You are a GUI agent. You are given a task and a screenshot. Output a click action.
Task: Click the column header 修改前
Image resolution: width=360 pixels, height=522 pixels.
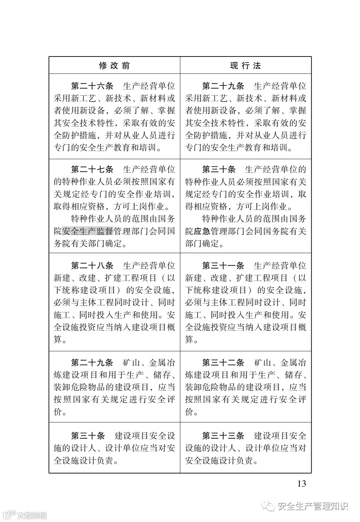(x=114, y=66)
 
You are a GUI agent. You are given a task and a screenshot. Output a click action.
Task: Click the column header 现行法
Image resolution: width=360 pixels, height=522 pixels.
(x=246, y=66)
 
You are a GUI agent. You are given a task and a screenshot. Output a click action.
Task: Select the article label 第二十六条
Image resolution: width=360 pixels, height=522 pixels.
(x=92, y=86)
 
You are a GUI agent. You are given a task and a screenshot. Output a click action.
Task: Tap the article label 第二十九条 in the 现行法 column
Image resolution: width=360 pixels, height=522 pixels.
(x=223, y=86)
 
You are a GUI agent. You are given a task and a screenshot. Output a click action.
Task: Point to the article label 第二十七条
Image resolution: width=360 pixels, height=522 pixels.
(x=92, y=169)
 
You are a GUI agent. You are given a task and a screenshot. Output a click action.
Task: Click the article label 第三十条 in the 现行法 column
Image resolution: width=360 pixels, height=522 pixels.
(x=219, y=169)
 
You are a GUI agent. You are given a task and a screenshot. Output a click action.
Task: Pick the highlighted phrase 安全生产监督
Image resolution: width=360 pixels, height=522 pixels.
(x=88, y=231)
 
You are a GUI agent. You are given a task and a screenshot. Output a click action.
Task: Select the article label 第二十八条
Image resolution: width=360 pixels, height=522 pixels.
(x=92, y=266)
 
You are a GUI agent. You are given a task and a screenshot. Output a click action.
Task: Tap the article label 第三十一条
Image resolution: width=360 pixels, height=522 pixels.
(x=223, y=266)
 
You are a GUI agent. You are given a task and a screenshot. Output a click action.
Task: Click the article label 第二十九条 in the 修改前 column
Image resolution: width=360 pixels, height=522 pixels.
(x=92, y=363)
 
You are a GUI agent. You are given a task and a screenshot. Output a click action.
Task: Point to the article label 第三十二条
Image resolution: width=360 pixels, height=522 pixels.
(x=223, y=363)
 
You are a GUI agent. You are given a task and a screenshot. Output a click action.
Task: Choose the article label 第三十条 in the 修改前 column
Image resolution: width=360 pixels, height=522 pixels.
(x=88, y=436)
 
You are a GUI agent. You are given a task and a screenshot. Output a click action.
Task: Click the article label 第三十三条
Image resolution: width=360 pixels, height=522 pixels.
(x=223, y=436)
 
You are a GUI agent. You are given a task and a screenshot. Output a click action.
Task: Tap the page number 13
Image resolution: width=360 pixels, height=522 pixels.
(x=302, y=484)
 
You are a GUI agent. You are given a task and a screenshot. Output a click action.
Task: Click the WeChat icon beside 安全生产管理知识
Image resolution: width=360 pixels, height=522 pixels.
(x=270, y=507)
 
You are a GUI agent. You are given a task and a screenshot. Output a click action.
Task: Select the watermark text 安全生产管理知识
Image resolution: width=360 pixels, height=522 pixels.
(x=313, y=507)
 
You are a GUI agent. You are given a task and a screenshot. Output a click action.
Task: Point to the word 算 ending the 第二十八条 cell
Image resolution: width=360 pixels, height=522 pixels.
(x=58, y=340)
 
